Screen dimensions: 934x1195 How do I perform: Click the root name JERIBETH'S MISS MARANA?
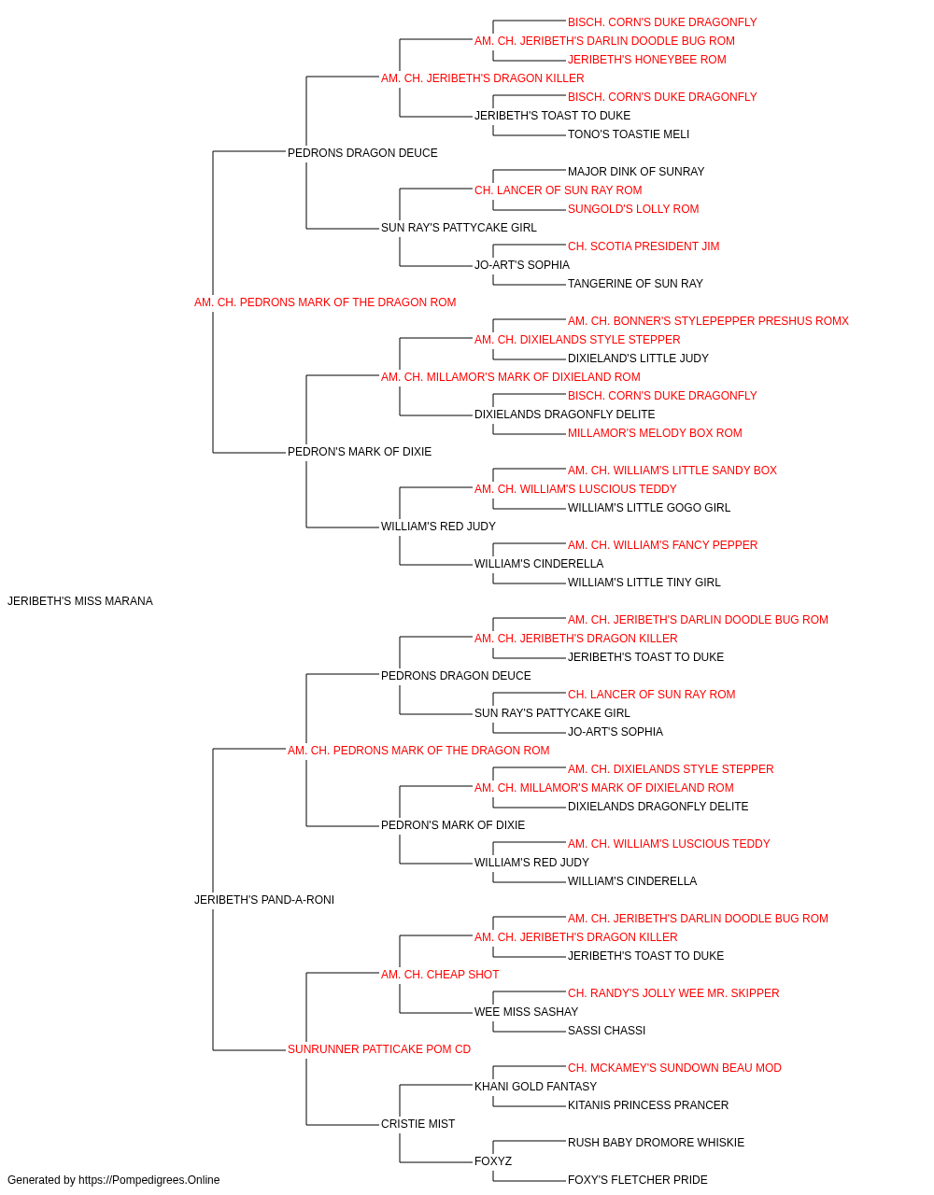80,601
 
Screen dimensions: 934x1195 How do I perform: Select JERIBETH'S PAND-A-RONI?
264,900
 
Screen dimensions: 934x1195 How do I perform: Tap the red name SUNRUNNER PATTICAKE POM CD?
379,1049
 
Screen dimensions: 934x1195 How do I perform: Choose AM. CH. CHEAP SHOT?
440,975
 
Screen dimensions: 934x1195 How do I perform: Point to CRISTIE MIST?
418,1124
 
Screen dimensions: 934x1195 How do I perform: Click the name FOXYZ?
493,1161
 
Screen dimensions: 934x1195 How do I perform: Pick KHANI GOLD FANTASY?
535,1087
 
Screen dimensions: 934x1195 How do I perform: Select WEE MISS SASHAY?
526,1012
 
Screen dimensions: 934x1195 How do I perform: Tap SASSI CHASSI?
606,1031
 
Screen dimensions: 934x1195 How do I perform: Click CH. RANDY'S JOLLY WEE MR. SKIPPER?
673,993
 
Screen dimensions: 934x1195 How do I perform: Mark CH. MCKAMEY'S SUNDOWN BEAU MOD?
674,1068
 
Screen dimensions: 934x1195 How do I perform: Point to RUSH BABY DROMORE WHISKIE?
656,1143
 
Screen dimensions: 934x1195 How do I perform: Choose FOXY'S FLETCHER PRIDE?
638,1180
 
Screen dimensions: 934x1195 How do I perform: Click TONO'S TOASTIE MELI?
629,134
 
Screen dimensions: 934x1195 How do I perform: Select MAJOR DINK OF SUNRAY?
636,172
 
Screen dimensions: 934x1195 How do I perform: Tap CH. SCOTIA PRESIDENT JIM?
644,246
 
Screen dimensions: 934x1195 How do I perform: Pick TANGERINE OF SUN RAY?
635,284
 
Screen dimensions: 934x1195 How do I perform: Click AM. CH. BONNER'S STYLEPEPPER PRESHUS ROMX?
708,321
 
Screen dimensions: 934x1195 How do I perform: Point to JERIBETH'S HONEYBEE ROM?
647,60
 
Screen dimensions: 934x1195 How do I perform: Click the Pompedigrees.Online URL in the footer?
149,1180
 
